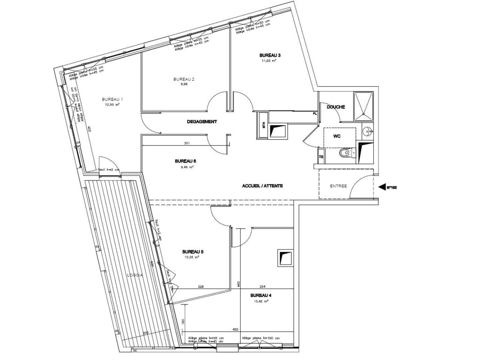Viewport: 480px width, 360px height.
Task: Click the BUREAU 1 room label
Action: coord(112,99)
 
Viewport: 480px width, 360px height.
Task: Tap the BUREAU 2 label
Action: coord(184,79)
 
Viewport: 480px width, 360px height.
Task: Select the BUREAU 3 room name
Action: coord(270,55)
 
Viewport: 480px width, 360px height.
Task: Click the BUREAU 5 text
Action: coord(192,252)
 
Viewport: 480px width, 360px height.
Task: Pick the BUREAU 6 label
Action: coord(185,161)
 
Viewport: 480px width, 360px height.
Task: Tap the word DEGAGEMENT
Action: coord(202,121)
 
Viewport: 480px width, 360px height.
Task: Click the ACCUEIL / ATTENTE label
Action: coord(262,186)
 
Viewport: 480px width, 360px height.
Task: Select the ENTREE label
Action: coord(338,186)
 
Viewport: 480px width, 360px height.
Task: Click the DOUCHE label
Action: coord(336,107)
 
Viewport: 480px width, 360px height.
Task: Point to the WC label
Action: coord(337,136)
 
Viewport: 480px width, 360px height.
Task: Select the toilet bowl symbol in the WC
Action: coord(344,154)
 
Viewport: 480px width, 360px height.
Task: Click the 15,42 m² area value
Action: coord(261,301)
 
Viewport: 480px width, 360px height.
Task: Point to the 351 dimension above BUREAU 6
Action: coord(186,143)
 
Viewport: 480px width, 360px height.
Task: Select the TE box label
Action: coord(321,157)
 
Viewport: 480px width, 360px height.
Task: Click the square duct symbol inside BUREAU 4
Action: coord(285,258)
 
